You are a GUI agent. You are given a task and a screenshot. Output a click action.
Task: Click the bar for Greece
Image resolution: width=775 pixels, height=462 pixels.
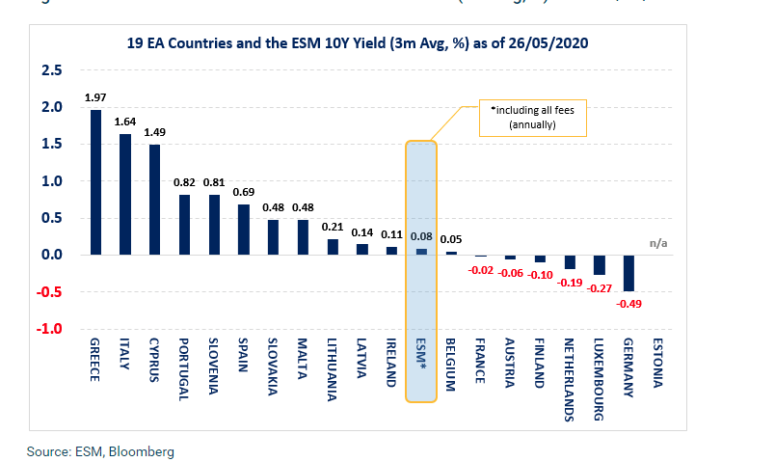(x=95, y=182)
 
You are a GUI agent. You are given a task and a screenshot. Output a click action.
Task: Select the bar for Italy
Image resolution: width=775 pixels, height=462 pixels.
(x=125, y=194)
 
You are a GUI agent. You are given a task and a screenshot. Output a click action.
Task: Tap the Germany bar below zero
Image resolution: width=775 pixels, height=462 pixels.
(x=629, y=273)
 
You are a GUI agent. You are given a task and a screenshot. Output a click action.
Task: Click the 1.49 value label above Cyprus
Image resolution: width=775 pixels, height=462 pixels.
(x=155, y=133)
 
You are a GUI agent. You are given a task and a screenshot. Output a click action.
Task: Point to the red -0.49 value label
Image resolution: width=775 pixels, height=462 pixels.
(x=629, y=304)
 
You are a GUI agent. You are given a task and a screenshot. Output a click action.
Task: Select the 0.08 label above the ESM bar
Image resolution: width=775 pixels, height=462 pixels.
(x=420, y=235)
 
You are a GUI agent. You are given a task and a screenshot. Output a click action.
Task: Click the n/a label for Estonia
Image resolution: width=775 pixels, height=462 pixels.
(x=657, y=244)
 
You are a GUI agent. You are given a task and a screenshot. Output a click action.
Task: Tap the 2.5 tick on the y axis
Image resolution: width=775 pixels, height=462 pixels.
(x=51, y=70)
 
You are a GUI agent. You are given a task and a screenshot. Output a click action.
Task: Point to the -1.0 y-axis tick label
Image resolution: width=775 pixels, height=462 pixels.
(x=49, y=329)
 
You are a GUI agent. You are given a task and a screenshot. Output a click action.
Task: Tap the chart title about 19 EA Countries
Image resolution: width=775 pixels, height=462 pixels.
(x=358, y=43)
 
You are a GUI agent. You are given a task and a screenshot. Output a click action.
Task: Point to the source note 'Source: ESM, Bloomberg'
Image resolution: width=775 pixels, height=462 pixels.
(x=99, y=450)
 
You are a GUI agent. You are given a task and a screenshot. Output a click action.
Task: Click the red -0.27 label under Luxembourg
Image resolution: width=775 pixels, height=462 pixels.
(x=600, y=287)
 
